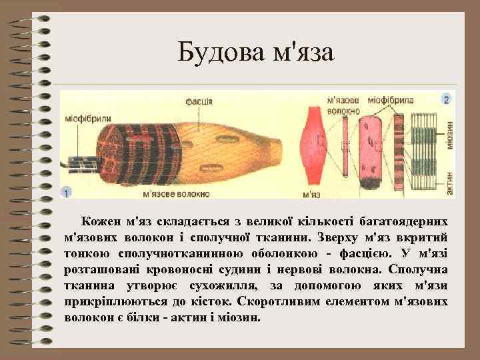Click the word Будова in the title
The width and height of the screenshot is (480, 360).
point(217,52)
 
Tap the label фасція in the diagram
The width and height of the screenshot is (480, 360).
point(199,101)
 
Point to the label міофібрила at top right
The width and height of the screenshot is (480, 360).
point(395,100)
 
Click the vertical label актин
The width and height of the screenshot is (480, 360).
point(450,186)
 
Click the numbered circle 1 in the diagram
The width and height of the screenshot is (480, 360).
point(66,192)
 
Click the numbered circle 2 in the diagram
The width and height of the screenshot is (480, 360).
point(447,99)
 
